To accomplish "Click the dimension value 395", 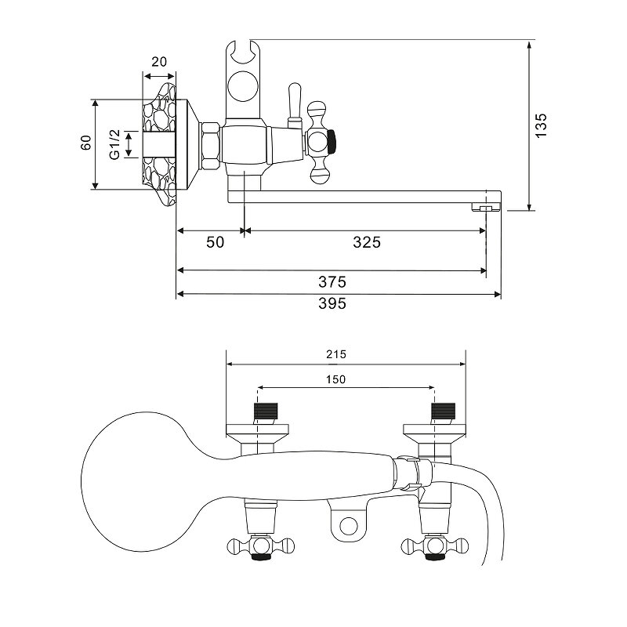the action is (332, 304).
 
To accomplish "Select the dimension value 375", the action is (332, 282).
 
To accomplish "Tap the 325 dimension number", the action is (367, 242).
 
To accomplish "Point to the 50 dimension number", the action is (215, 242).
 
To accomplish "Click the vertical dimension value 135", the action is (541, 125).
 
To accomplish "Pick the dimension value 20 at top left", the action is (159, 62).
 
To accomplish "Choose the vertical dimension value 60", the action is (86, 143).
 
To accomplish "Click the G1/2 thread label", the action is (114, 144).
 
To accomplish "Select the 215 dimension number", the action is (336, 354).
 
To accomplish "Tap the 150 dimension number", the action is (335, 379).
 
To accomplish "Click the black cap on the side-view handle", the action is (332, 142).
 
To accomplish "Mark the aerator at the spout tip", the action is (485, 207).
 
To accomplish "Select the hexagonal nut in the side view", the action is (210, 145).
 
